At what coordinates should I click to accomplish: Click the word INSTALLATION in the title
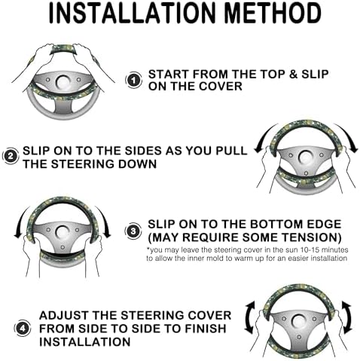(x=133, y=14)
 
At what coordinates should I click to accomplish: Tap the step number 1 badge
(x=133, y=81)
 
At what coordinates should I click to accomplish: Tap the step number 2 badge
(x=11, y=156)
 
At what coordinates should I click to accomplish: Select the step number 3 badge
(x=133, y=231)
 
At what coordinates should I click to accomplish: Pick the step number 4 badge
(x=23, y=329)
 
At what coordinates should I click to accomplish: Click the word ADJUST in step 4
(x=64, y=315)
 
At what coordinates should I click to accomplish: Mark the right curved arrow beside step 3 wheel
(x=105, y=221)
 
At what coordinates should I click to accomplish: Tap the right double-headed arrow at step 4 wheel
(x=347, y=317)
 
